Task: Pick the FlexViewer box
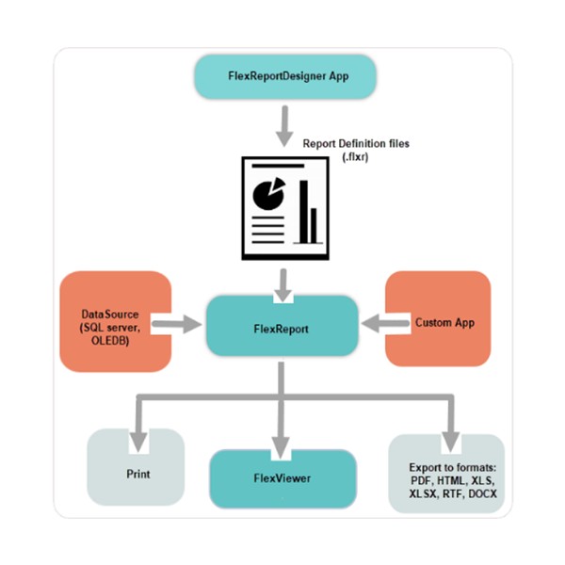pyautogui.click(x=282, y=478)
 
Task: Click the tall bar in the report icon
pyautogui.click(x=305, y=209)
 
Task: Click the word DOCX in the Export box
pyautogui.click(x=481, y=494)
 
